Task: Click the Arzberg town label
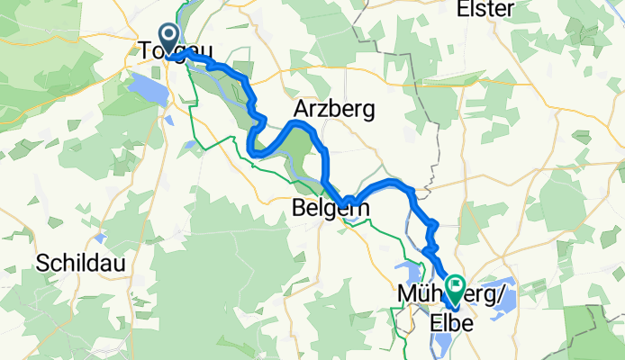(x=334, y=108)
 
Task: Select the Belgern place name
(x=331, y=209)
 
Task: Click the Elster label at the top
(x=485, y=9)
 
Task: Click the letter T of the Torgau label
(x=145, y=51)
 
